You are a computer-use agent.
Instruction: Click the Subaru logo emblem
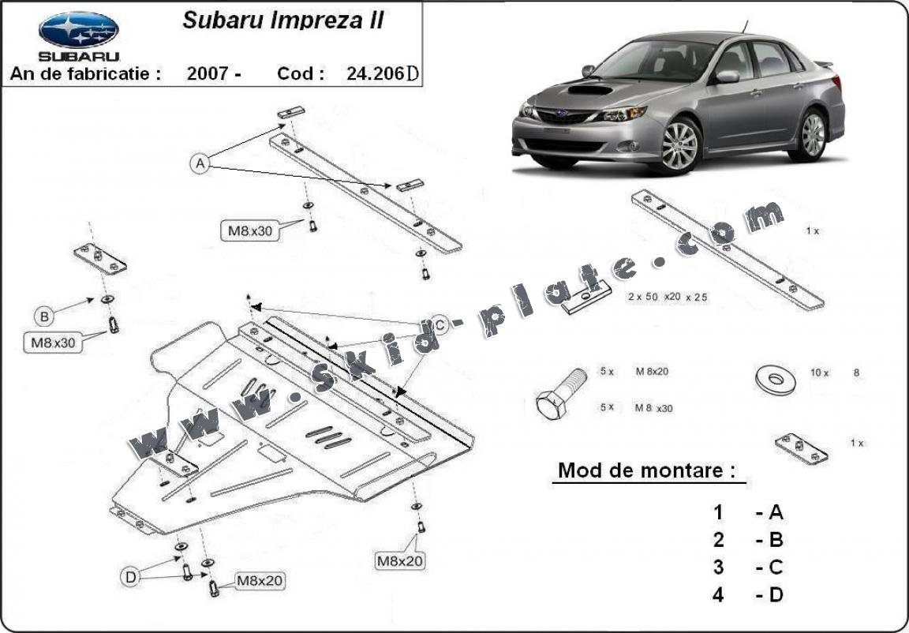click(78, 30)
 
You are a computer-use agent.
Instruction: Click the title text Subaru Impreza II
click(283, 20)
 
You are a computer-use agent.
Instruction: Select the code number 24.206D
click(382, 73)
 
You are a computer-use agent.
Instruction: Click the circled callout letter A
click(200, 163)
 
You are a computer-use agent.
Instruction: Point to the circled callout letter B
click(45, 316)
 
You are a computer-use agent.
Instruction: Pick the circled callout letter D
click(131, 577)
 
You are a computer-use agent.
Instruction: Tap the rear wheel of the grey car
click(812, 133)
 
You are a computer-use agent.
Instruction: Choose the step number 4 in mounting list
click(718, 594)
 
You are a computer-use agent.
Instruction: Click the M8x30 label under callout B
click(52, 343)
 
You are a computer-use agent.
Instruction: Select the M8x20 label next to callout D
click(260, 581)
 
